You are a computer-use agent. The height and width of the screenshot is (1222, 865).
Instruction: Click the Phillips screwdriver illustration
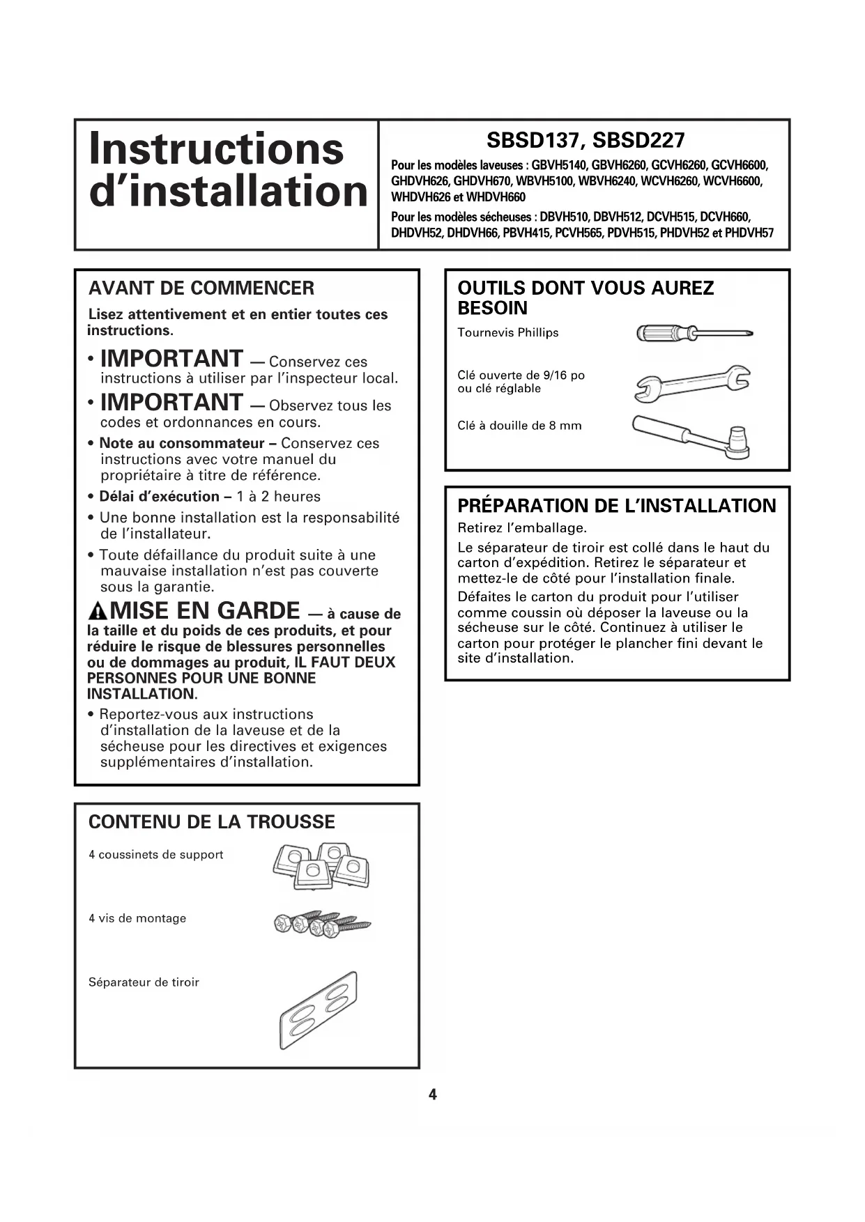(694, 334)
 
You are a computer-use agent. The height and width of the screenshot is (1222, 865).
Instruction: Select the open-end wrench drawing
(692, 382)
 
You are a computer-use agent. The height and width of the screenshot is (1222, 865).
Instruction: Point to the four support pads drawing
(321, 865)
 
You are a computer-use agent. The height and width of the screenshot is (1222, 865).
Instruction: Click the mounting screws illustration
(322, 924)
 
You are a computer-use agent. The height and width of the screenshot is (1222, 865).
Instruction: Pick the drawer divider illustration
(319, 1010)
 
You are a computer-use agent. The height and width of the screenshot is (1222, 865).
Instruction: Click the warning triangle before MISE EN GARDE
(98, 612)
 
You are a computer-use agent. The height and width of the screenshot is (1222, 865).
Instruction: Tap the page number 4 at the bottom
(432, 1095)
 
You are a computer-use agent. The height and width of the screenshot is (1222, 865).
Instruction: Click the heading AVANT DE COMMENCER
(201, 288)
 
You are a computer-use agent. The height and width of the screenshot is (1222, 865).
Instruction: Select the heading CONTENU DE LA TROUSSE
(211, 822)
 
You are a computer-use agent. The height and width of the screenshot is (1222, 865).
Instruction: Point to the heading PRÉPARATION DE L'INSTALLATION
(616, 506)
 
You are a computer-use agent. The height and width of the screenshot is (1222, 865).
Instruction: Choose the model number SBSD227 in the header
(639, 141)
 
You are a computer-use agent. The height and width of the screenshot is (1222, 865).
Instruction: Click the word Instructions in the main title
(216, 148)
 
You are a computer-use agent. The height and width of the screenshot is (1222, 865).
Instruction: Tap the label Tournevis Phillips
(508, 333)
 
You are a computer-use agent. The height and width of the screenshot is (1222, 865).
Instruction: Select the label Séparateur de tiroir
(144, 982)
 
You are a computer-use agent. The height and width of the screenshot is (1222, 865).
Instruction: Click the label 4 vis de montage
(137, 918)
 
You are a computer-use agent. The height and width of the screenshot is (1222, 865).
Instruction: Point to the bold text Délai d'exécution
(160, 497)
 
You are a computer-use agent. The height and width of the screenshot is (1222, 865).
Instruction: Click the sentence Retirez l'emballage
(522, 527)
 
